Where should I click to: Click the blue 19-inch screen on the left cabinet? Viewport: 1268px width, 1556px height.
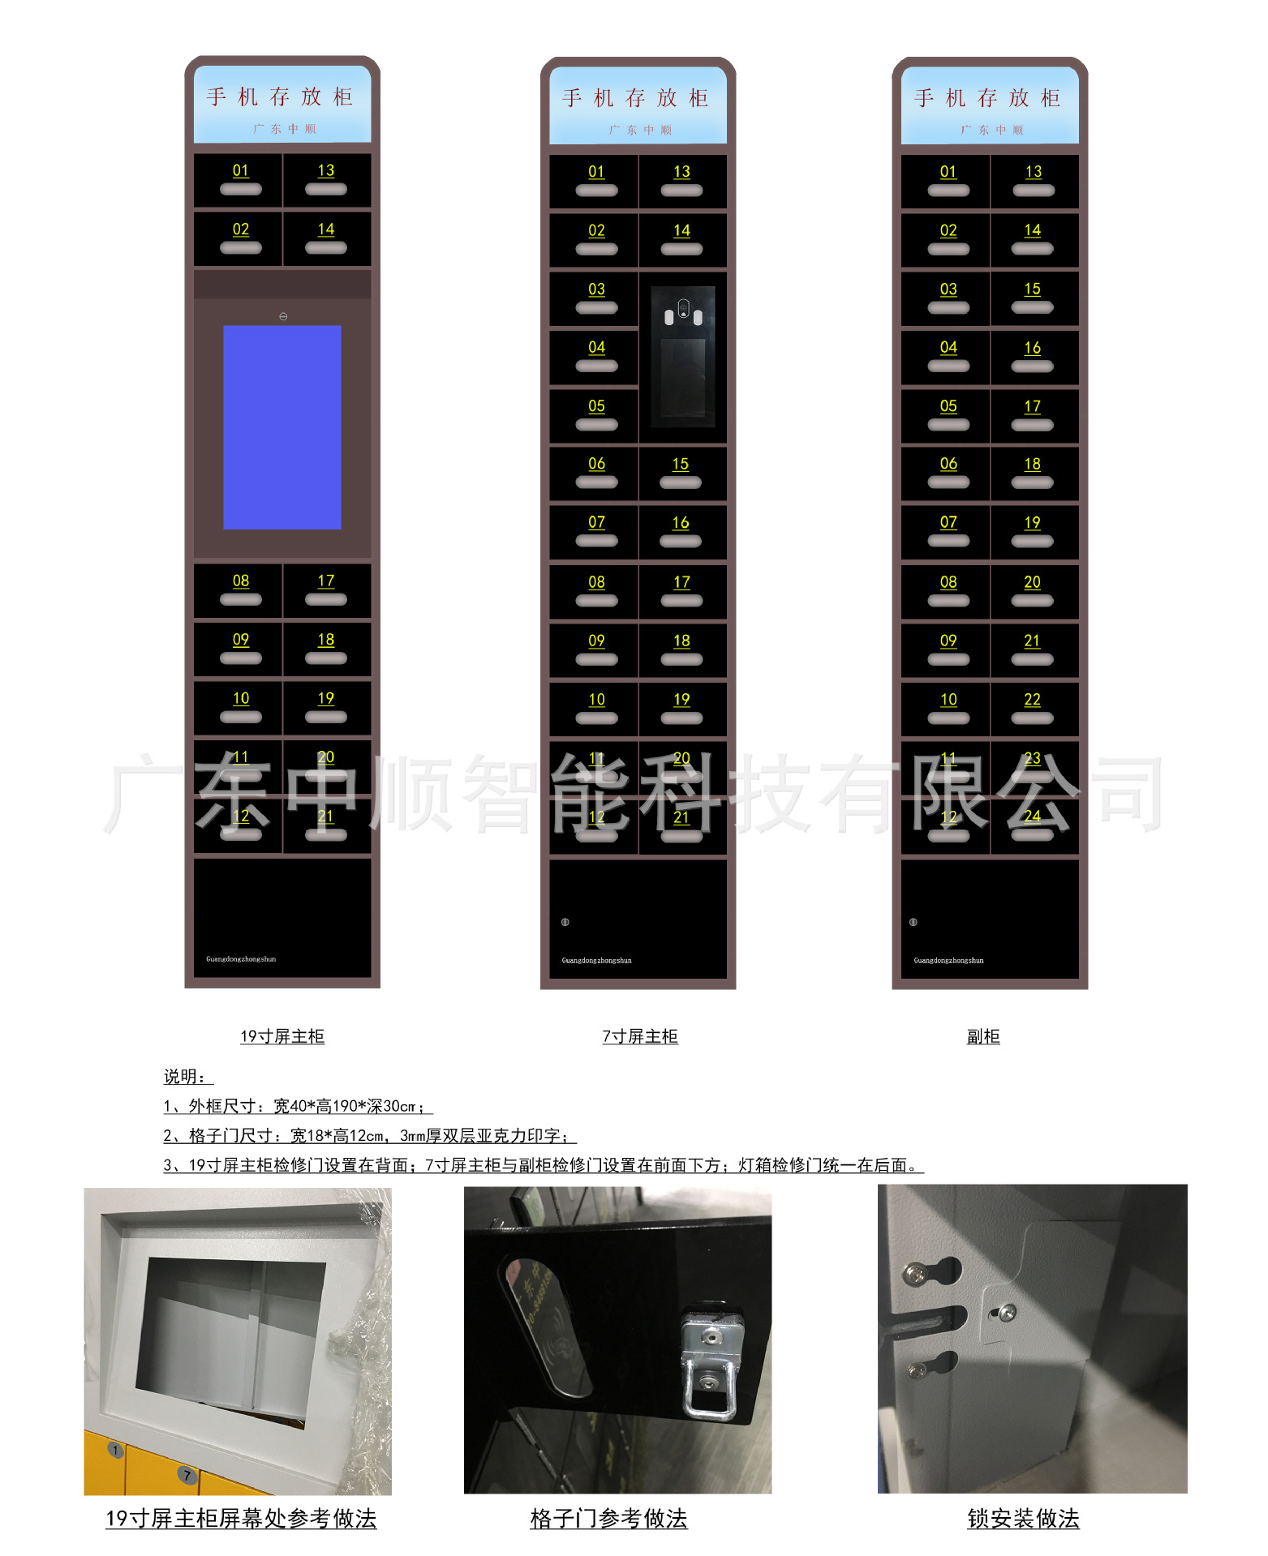click(x=282, y=427)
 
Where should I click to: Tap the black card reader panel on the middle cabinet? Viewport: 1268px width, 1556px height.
click(x=682, y=357)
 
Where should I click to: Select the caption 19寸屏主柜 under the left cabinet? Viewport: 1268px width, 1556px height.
click(x=282, y=1036)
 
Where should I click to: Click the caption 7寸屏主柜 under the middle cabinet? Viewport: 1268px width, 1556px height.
click(x=639, y=1036)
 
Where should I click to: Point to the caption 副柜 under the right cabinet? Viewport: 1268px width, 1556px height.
click(x=982, y=1036)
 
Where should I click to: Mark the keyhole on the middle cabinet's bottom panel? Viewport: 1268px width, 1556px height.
click(x=565, y=922)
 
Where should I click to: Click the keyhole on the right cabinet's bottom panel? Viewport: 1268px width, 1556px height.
click(x=913, y=922)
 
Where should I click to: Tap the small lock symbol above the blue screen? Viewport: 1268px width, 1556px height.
click(x=283, y=316)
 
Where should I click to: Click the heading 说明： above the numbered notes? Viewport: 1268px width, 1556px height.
click(x=187, y=1077)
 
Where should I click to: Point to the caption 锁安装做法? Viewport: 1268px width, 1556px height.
click(x=1023, y=1519)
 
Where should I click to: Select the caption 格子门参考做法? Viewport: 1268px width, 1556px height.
click(x=608, y=1519)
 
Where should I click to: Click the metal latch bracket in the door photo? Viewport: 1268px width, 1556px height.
click(x=709, y=1361)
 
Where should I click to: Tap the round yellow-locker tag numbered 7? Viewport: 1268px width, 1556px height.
click(x=187, y=1475)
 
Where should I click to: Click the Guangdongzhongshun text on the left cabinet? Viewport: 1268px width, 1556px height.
click(x=241, y=959)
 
